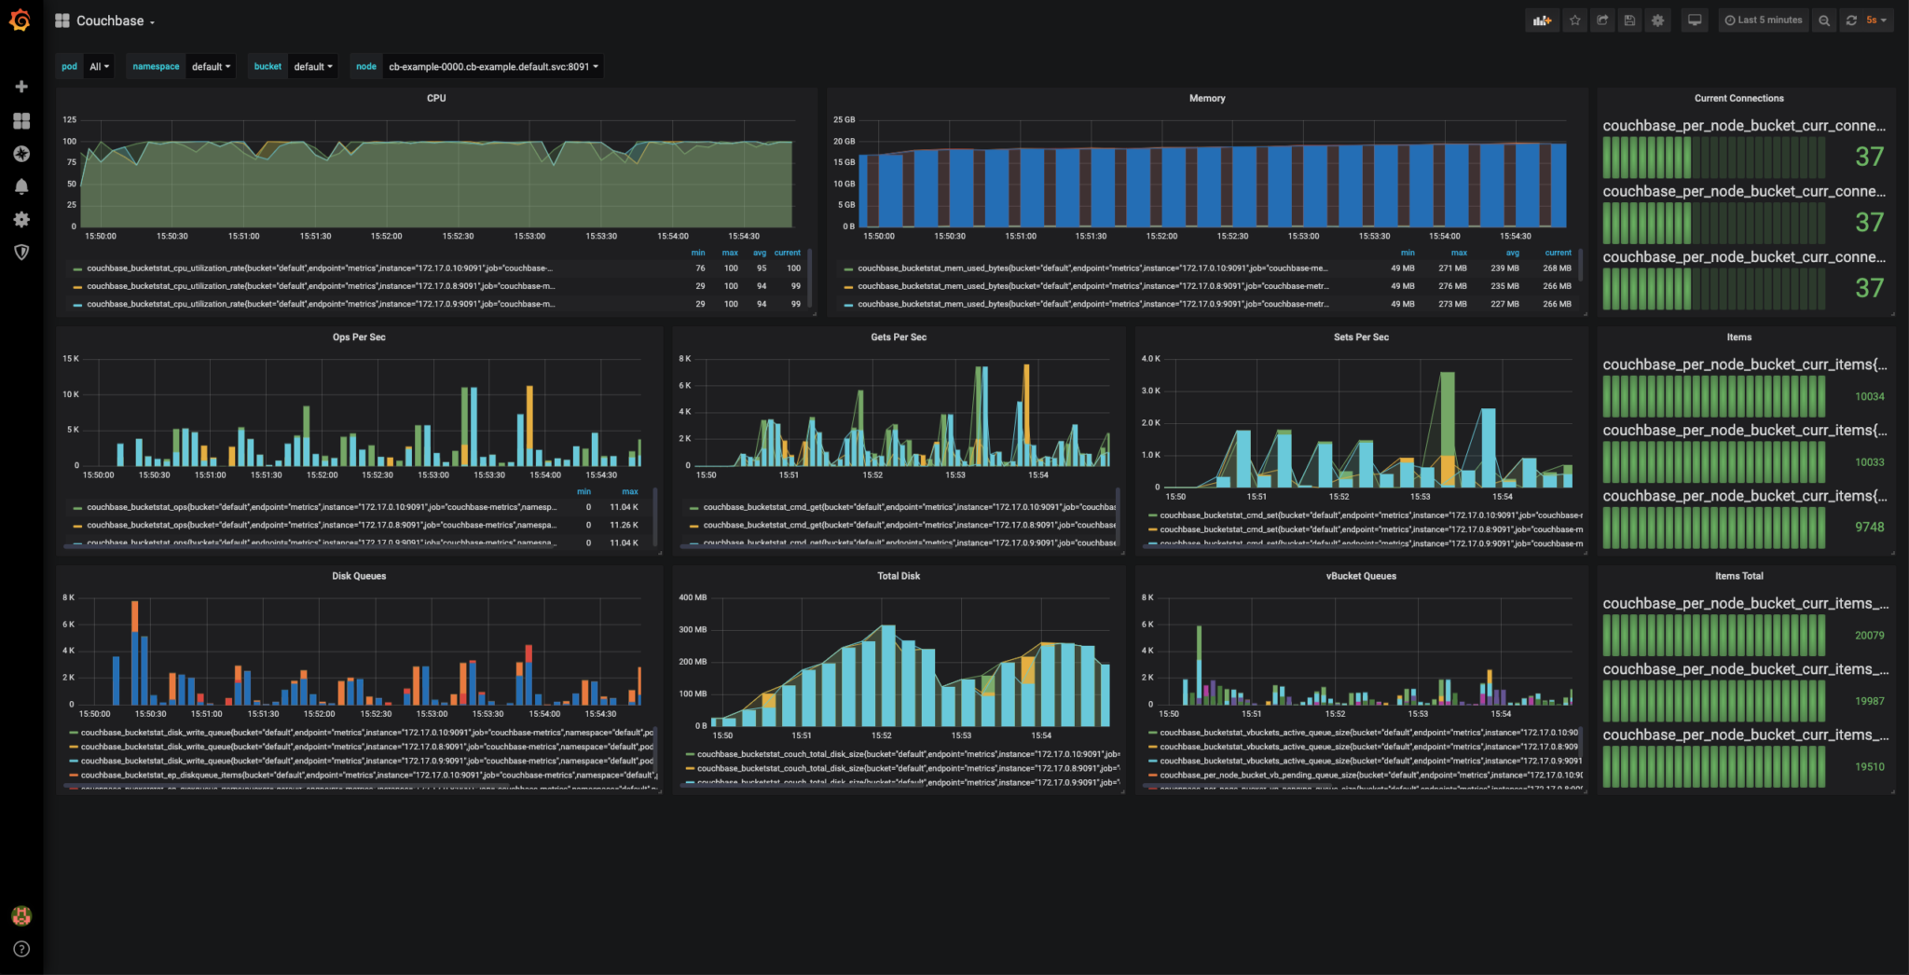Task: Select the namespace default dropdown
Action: [211, 66]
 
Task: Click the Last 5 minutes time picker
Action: [1764, 20]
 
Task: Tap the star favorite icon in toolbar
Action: [1574, 20]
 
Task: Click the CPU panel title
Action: [436, 98]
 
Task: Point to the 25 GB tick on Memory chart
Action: [843, 119]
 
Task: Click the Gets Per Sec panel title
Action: [899, 336]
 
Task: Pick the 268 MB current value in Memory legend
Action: [1557, 268]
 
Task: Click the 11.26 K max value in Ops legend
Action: [624, 525]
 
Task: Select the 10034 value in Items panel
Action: [1869, 396]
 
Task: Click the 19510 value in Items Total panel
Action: [1869, 766]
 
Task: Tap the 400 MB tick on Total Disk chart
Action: [693, 597]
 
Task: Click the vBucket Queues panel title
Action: [1361, 576]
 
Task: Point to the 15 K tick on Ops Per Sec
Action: [71, 359]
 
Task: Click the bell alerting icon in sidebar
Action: [21, 186]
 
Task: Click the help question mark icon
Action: [21, 949]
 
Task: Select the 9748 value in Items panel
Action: [1869, 527]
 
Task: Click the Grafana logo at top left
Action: [21, 21]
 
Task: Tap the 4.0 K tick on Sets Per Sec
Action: [1150, 359]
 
